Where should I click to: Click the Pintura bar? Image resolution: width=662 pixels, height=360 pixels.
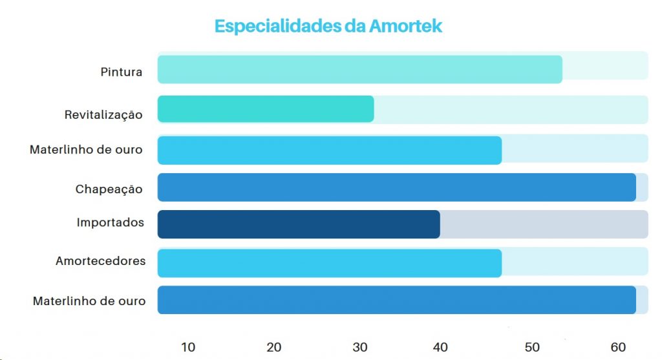tap(359, 70)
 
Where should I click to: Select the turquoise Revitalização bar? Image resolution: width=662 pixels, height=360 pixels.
tap(266, 109)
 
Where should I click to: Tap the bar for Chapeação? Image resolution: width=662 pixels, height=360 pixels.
tap(396, 187)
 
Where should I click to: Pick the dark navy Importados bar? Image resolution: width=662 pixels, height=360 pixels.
tap(299, 224)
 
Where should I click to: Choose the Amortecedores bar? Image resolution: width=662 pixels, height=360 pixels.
tap(330, 263)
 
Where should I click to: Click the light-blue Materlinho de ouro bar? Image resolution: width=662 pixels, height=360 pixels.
tap(330, 150)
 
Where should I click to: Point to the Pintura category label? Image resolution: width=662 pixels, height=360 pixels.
tap(122, 72)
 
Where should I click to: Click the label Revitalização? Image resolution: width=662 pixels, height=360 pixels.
tap(103, 115)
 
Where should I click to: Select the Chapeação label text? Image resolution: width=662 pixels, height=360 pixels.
tap(109, 189)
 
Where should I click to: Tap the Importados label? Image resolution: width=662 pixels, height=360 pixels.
tap(110, 223)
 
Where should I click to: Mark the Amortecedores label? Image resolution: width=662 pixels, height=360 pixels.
tap(100, 261)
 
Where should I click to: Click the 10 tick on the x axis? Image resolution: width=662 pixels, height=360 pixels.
tap(188, 347)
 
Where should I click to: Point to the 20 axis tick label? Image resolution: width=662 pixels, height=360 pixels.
tap(274, 347)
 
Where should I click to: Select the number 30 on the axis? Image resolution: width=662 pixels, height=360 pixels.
tap(359, 347)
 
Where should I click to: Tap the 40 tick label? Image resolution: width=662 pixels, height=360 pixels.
tap(440, 347)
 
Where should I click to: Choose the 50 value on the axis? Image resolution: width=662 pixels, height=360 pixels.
tap(532, 347)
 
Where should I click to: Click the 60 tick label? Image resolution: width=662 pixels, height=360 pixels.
tap(619, 347)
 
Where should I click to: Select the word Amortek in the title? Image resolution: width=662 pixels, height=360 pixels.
tap(405, 26)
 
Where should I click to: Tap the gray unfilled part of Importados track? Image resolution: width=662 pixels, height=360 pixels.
tap(544, 224)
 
